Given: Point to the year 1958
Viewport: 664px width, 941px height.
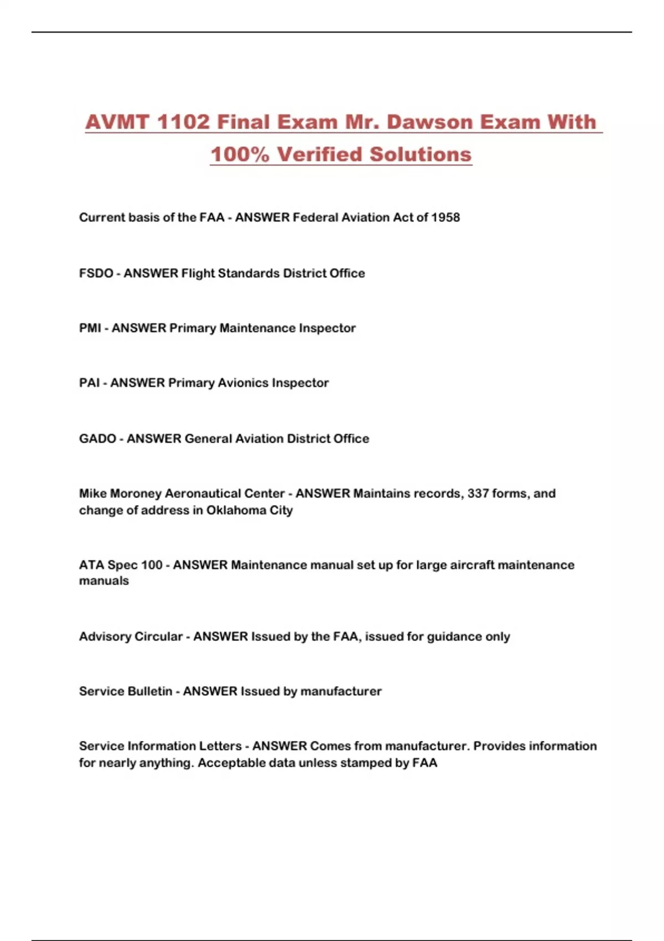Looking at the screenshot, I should pos(445,218).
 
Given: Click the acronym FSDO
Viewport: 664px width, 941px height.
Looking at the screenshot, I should pos(96,273).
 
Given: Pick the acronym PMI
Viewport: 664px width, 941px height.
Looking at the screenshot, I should pos(90,328).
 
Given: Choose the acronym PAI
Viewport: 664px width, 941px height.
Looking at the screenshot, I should pos(90,383).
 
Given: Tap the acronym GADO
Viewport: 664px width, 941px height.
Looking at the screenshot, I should pos(97,439).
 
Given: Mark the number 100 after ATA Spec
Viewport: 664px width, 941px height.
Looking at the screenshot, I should pos(152,565).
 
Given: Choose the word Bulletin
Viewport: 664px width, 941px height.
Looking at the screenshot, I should pos(149,691).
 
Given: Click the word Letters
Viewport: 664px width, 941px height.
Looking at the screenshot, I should pos(220,746).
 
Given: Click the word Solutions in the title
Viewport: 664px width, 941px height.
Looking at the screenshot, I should pos(421,154).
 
